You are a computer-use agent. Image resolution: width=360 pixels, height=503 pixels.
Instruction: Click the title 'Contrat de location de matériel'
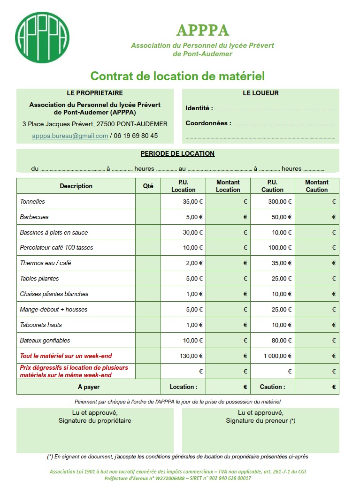tap(177, 76)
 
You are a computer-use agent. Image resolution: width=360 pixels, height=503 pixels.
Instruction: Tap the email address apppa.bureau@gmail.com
tap(70, 136)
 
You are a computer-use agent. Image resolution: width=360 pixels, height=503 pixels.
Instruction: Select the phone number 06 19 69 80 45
tap(136, 136)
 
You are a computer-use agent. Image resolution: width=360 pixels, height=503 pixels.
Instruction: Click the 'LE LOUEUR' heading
tap(260, 93)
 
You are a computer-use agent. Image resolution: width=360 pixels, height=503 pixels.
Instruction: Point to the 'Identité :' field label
tap(199, 108)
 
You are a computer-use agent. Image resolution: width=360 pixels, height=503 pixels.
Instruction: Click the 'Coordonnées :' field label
tap(208, 123)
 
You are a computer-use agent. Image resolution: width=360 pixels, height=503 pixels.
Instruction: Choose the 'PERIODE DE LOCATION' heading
tap(177, 153)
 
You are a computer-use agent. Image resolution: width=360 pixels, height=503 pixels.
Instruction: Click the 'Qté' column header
tap(148, 186)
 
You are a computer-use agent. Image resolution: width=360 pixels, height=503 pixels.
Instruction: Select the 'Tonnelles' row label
tap(32, 202)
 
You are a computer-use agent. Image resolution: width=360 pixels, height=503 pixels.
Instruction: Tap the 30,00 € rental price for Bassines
tap(193, 233)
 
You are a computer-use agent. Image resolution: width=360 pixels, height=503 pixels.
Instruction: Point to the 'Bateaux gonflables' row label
tap(45, 341)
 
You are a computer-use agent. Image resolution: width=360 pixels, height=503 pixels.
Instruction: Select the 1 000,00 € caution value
tap(278, 356)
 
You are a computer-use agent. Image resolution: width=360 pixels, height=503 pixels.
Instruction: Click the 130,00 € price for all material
tap(191, 356)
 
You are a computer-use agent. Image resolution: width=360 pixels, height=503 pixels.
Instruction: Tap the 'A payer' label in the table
tap(89, 387)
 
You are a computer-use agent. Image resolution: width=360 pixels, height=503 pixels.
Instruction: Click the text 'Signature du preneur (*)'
tap(260, 421)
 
